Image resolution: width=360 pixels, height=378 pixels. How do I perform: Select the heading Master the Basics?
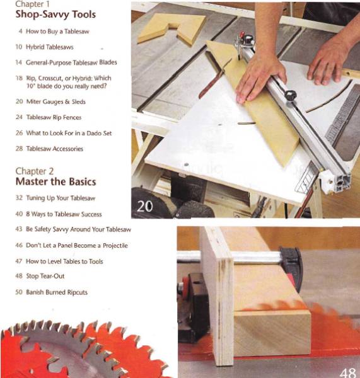pyautogui.click(x=56, y=181)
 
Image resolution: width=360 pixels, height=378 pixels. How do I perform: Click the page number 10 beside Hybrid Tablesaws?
pyautogui.click(x=19, y=47)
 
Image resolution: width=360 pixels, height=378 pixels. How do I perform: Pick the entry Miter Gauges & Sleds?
pyautogui.click(x=56, y=101)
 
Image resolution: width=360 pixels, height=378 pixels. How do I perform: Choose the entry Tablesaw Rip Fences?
pyautogui.click(x=54, y=117)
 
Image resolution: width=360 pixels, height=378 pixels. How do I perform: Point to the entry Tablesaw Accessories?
pyautogui.click(x=55, y=149)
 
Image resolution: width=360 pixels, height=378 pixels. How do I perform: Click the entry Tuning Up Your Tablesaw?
pyautogui.click(x=60, y=198)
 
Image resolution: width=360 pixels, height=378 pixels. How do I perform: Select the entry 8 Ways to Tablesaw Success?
pyautogui.click(x=64, y=214)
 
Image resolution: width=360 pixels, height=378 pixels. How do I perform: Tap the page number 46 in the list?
pyautogui.click(x=19, y=245)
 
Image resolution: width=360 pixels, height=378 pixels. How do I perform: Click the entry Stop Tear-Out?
pyautogui.click(x=45, y=276)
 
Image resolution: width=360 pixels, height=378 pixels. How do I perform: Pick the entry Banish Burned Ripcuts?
pyautogui.click(x=57, y=292)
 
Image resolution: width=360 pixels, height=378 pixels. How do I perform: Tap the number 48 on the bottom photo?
pyautogui.click(x=347, y=370)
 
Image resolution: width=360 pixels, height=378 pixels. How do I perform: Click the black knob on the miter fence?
pyautogui.click(x=290, y=96)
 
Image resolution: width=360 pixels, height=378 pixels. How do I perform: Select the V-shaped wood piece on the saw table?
pyautogui.click(x=171, y=27)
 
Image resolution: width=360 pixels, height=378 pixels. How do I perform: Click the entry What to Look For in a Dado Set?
pyautogui.click(x=64, y=133)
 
